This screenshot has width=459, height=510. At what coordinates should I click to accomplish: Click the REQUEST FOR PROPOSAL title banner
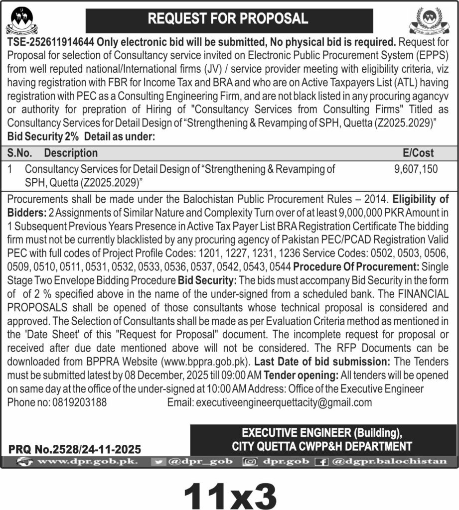point(229,19)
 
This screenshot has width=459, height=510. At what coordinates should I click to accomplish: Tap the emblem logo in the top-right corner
point(433,21)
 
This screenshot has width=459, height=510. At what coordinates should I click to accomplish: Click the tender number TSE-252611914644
point(51,42)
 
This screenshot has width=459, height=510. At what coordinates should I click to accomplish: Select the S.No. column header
point(20,153)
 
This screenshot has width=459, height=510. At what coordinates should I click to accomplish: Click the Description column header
point(71,153)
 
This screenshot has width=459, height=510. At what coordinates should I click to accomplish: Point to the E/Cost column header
point(418,153)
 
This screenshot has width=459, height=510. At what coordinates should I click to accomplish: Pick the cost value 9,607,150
point(416,169)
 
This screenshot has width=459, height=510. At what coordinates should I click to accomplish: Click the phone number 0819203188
point(79,402)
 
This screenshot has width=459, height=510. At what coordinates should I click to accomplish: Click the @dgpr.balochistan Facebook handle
point(388,461)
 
